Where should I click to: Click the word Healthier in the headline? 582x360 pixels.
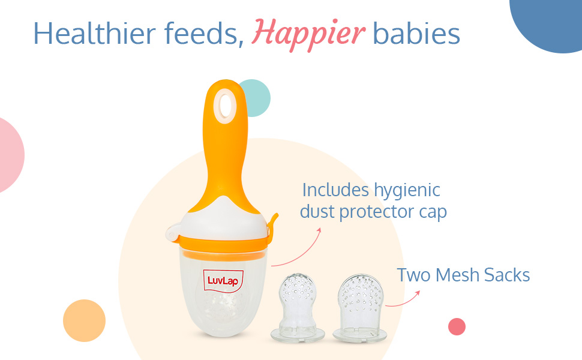click(95, 34)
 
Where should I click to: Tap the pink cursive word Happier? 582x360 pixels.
click(308, 35)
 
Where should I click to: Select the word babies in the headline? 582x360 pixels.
click(416, 34)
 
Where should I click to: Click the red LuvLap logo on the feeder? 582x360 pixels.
click(223, 281)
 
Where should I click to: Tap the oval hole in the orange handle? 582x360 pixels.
click(226, 106)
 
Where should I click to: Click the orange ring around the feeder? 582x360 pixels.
click(223, 244)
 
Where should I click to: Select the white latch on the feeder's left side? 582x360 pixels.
click(173, 233)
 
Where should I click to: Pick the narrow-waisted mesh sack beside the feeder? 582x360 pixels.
click(298, 307)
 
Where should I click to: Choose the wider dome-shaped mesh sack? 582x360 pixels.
click(360, 308)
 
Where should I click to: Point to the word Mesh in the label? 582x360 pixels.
click(458, 275)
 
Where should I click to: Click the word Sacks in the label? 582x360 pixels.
click(507, 275)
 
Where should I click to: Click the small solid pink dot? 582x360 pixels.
click(457, 326)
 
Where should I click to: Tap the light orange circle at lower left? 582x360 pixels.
click(84, 320)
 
